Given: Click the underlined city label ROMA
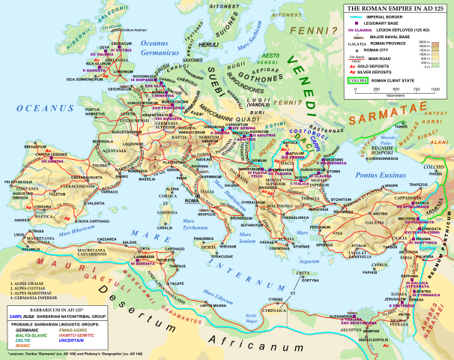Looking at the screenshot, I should tap(193, 201).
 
